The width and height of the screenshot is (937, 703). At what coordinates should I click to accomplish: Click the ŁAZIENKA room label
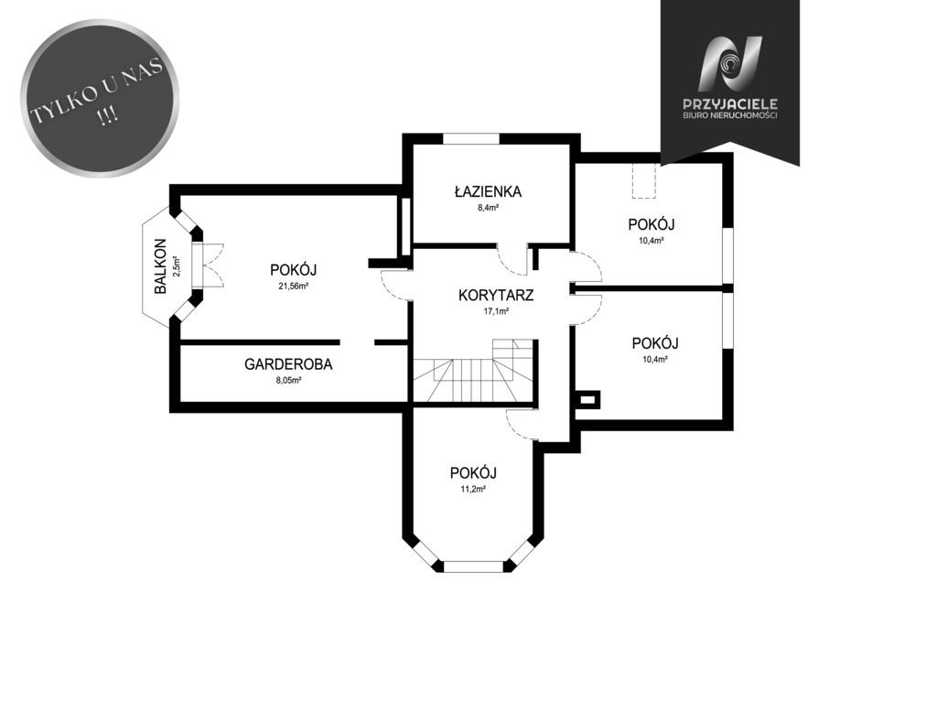[x=488, y=192]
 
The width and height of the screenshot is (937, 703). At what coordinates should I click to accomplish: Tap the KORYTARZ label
[x=496, y=295]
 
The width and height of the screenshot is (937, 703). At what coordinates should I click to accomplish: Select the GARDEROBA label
[x=288, y=364]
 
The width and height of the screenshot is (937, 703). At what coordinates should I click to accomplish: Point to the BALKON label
[x=160, y=266]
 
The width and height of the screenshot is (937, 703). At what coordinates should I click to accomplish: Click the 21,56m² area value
[x=293, y=287]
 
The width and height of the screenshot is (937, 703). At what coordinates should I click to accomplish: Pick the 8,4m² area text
[x=488, y=208]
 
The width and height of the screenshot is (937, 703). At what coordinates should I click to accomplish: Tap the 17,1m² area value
[x=496, y=311]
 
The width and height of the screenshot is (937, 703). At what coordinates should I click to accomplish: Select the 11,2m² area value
[x=473, y=489]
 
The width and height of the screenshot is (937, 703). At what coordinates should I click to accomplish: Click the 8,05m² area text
[x=288, y=380]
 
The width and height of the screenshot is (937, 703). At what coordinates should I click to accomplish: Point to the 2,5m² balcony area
[x=177, y=266]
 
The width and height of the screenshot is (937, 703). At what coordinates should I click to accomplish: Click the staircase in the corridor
[x=473, y=372]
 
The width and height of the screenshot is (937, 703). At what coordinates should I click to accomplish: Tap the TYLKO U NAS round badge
[x=100, y=97]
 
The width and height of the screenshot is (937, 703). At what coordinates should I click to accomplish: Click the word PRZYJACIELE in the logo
[x=730, y=104]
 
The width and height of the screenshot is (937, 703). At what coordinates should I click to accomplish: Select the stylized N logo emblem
[x=730, y=64]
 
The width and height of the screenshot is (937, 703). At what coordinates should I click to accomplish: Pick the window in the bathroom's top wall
[x=471, y=139]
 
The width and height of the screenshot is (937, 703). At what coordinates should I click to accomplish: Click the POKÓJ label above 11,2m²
[x=473, y=473]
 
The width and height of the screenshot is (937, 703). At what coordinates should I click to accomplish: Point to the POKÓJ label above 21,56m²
[x=293, y=270]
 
